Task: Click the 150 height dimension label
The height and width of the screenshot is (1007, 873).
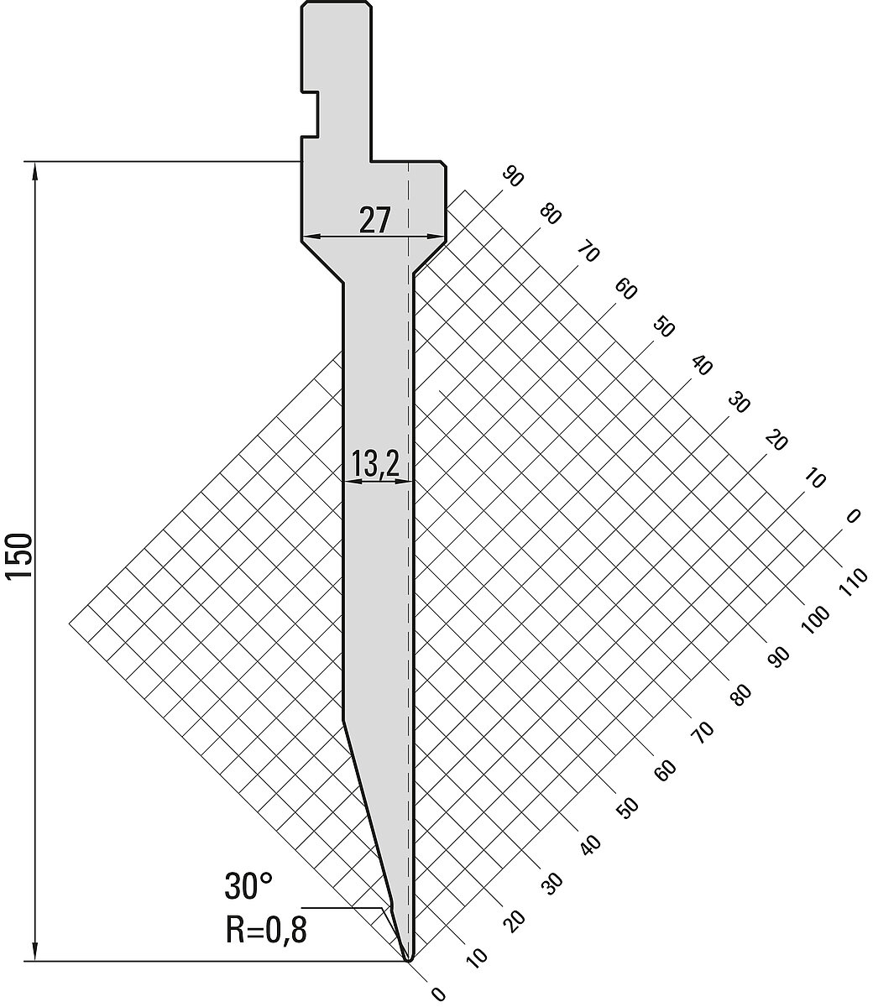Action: pos(19,556)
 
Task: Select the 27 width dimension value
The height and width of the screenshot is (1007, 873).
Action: pos(375,220)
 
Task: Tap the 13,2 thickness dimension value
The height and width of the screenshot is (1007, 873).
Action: pos(375,463)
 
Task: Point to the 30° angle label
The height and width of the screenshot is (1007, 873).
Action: pos(248,886)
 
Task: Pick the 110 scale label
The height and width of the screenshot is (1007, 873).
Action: pos(853,582)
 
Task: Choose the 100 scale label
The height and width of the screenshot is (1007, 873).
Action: pos(815,620)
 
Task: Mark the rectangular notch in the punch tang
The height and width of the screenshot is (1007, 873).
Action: pos(310,113)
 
